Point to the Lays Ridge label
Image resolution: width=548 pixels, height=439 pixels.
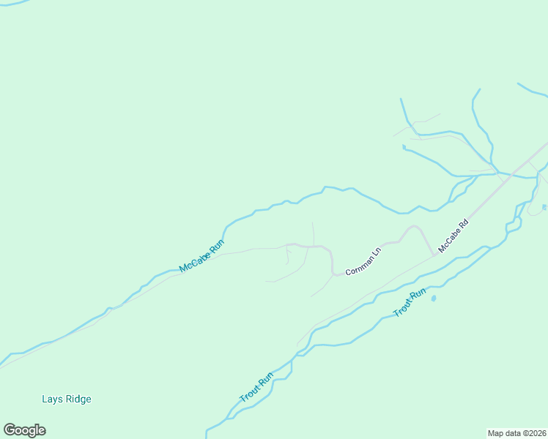67,399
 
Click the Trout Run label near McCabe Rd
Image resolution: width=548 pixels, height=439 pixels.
410,303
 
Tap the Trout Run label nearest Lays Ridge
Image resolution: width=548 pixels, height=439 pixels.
256,388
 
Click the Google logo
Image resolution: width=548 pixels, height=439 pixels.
24,430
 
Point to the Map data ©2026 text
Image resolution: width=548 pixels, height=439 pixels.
517,432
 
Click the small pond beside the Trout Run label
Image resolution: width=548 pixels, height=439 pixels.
434,298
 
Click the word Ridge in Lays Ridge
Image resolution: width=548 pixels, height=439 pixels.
78,399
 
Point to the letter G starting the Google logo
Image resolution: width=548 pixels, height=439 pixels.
9,430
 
